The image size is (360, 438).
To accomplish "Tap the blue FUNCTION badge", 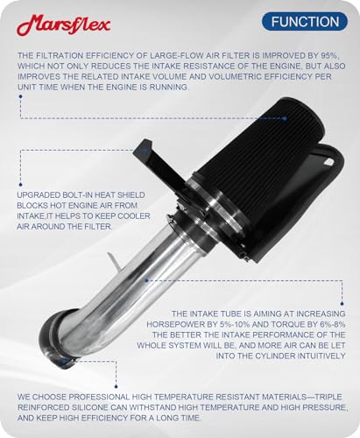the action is [305, 22].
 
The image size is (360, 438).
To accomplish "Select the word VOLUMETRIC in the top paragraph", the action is [230, 76].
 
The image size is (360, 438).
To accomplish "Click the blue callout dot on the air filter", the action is [285, 118].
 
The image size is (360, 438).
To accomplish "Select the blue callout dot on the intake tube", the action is [147, 280].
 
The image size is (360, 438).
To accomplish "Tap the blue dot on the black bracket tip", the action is [144, 151].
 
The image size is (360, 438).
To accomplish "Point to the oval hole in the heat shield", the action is [329, 161].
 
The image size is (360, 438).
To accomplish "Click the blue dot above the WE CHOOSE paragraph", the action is [116, 386].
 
